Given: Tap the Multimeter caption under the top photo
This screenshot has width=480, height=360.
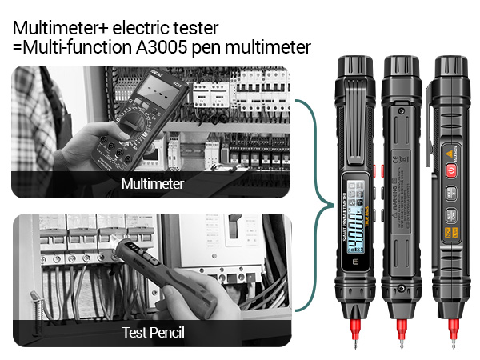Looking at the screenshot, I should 152,184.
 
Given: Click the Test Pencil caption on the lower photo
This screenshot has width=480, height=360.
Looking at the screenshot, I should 152,332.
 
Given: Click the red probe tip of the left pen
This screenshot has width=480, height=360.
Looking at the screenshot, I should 354,326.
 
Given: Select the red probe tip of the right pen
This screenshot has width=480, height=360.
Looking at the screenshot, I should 453,326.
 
